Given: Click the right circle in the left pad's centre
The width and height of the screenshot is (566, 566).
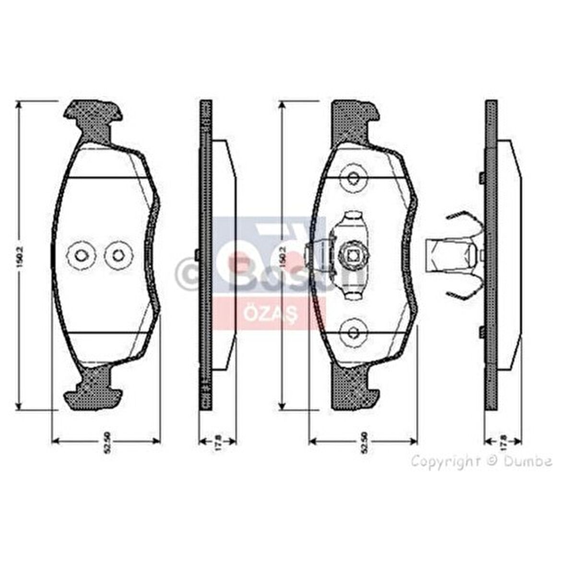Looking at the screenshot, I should point(117,255).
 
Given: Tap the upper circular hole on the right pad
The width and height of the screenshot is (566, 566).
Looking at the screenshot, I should point(354,178).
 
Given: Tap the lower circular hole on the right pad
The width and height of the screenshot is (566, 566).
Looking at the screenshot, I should point(354,332).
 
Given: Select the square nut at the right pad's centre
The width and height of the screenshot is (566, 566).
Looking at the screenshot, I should point(353,255).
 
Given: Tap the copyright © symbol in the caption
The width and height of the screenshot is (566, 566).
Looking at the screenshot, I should point(492,461).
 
